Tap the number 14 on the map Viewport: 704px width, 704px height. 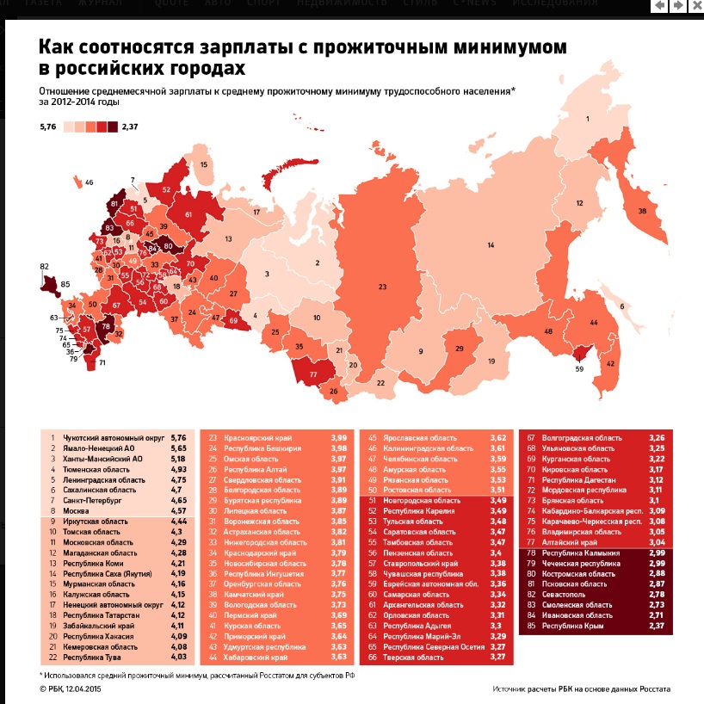click(x=491, y=245)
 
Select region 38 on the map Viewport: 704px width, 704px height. click(x=641, y=211)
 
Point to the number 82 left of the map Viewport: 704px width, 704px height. click(x=45, y=267)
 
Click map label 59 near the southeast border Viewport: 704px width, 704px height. click(x=579, y=369)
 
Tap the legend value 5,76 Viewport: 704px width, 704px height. click(x=47, y=127)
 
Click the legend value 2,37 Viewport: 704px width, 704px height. click(x=131, y=127)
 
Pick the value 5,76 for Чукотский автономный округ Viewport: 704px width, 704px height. click(x=178, y=438)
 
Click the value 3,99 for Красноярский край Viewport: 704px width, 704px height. click(x=338, y=438)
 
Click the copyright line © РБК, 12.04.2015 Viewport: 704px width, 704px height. click(x=78, y=689)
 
